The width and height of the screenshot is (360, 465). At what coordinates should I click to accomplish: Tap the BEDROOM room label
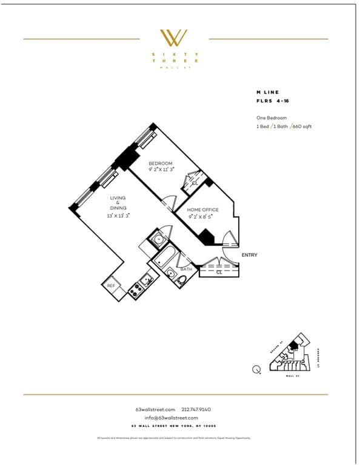pos(161,163)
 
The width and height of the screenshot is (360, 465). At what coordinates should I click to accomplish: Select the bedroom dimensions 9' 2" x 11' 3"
pos(161,170)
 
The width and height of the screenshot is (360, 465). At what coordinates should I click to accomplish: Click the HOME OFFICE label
pos(203,209)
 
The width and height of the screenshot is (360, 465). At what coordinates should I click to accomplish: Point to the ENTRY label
pos(249,255)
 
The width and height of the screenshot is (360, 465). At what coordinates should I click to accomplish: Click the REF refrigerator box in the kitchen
pos(111,286)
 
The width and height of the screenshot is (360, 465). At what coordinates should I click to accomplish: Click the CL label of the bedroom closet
pos(195,183)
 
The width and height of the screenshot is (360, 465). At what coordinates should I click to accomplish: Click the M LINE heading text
pos(267,92)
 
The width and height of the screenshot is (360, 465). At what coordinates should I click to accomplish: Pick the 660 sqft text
pos(302,127)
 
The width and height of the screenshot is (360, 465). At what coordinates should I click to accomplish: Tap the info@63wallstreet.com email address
pos(172,418)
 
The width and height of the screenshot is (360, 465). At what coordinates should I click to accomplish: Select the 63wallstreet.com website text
pos(156,409)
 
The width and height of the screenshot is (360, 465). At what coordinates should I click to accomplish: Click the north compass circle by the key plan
pos(258,369)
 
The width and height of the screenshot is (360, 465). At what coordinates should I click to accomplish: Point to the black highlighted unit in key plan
pos(292,346)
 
